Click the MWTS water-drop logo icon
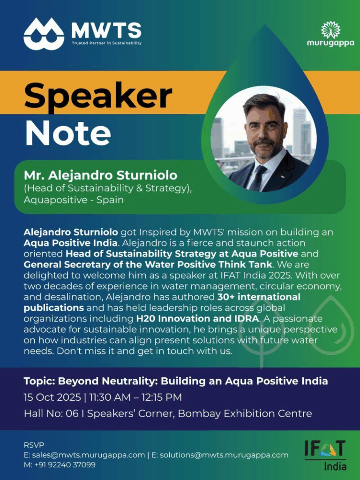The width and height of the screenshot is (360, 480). [x=44, y=34]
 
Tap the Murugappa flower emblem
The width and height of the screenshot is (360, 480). [x=330, y=30]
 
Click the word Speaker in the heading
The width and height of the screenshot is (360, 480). [x=98, y=96]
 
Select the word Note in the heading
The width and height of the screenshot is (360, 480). [x=67, y=133]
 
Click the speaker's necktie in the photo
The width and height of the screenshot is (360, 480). [x=258, y=178]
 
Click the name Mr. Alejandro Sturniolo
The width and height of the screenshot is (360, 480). [x=100, y=175]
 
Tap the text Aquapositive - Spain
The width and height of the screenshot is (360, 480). [x=74, y=200]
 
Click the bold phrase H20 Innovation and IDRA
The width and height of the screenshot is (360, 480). [x=197, y=318]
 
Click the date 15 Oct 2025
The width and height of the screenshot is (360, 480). [x=52, y=397]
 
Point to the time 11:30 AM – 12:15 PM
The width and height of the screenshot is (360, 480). [x=135, y=397]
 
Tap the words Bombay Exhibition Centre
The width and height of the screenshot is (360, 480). [x=245, y=413]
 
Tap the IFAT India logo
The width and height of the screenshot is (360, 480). [x=325, y=455]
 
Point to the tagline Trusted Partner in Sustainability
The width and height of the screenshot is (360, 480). [x=106, y=43]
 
